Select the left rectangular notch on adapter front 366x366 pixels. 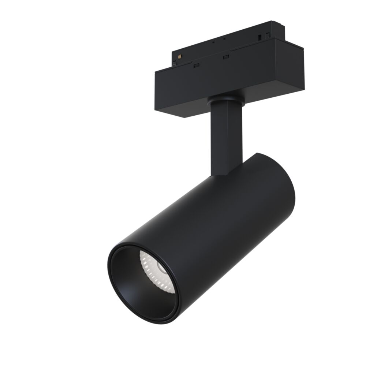(197, 65)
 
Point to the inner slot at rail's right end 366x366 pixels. (260, 37)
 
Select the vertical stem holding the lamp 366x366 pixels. (222, 135)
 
